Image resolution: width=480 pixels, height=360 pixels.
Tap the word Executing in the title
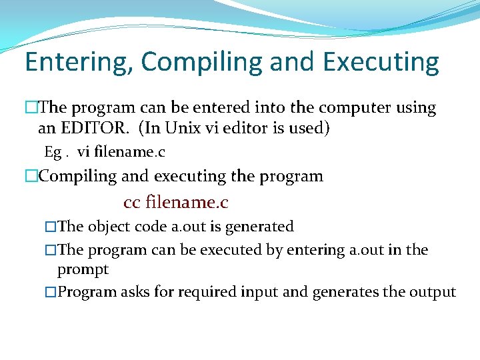tap(381, 62)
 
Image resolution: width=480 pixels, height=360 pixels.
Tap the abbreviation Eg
tap(53, 152)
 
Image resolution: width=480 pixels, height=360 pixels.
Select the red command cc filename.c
tap(176, 201)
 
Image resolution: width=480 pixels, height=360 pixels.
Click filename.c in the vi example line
tap(130, 152)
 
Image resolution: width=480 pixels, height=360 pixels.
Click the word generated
tap(259, 227)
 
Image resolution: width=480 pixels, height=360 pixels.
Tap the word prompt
tap(83, 269)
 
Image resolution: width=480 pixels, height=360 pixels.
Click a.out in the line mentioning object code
tap(188, 227)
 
